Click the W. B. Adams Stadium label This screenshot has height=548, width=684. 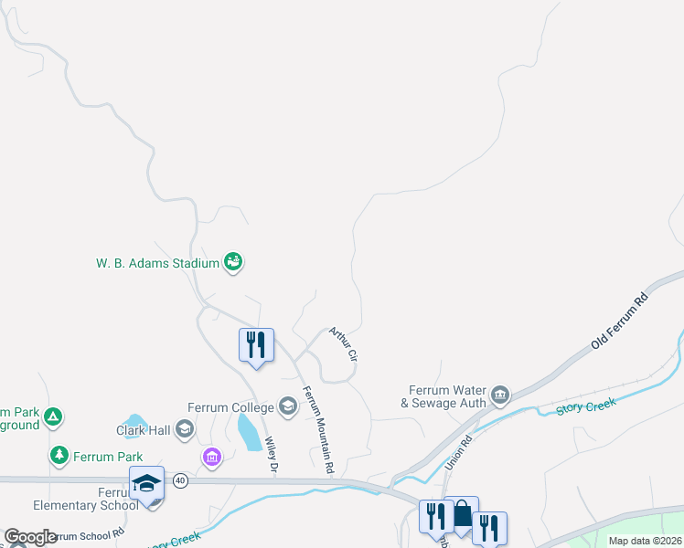pyautogui.click(x=158, y=263)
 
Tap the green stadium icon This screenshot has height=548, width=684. pyautogui.click(x=233, y=263)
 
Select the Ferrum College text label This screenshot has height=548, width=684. pyautogui.click(x=231, y=407)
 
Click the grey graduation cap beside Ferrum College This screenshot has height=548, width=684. pyautogui.click(x=288, y=406)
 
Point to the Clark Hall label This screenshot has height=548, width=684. pyautogui.click(x=144, y=430)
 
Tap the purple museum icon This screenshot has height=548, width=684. pyautogui.click(x=212, y=456)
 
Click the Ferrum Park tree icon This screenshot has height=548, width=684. pyautogui.click(x=59, y=455)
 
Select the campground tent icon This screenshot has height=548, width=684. pyautogui.click(x=53, y=417)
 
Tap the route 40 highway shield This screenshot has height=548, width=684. pyautogui.click(x=180, y=480)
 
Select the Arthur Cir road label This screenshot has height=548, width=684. pyautogui.click(x=342, y=343)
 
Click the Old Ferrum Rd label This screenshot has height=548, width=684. pyautogui.click(x=619, y=321)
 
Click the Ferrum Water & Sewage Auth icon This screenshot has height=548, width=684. pyautogui.click(x=500, y=395)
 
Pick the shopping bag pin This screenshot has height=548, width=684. pyautogui.click(x=462, y=514)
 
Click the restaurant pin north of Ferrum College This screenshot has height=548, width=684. pyautogui.click(x=257, y=345)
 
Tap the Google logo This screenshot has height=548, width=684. pyautogui.click(x=30, y=537)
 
